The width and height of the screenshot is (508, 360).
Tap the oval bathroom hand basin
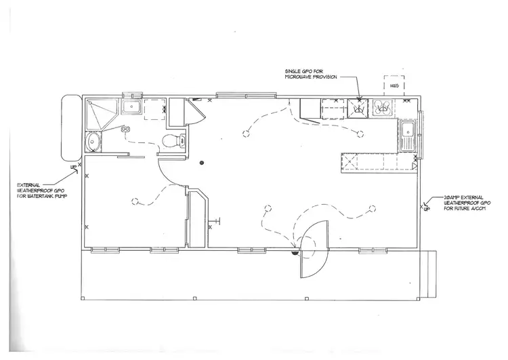click(x=93, y=142)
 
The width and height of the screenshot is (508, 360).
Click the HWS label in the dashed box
click(x=394, y=87)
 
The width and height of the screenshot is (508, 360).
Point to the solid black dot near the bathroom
click(x=201, y=163)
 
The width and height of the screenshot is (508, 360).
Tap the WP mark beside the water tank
click(x=71, y=164)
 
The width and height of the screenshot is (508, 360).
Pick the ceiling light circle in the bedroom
click(x=135, y=201)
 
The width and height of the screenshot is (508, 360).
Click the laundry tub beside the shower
click(x=131, y=107)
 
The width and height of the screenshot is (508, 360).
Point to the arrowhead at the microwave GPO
click(x=360, y=100)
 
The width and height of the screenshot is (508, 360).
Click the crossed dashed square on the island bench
click(x=350, y=163)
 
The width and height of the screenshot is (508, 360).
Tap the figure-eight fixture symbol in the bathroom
click(x=125, y=129)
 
